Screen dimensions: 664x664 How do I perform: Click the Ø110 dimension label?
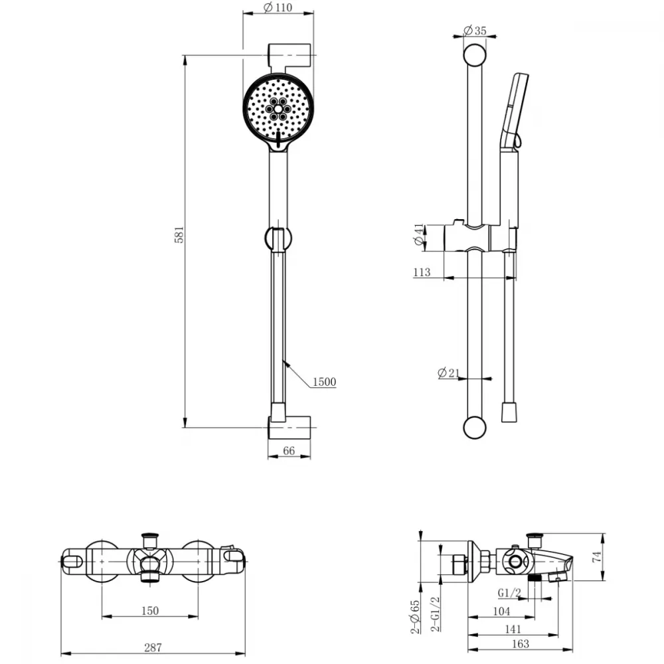(278, 7)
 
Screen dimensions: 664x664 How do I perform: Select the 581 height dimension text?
(179, 234)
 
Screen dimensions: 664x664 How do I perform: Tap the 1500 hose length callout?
(325, 382)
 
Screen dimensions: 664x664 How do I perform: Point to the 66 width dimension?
(289, 451)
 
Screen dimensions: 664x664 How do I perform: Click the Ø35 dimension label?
(475, 31)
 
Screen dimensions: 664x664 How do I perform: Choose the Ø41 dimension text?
(419, 234)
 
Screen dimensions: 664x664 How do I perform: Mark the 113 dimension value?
(422, 272)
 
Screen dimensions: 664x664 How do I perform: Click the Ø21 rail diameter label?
(448, 373)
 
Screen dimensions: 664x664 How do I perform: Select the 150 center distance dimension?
(150, 611)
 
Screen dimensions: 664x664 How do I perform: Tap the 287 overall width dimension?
(153, 647)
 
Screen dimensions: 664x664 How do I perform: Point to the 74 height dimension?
(597, 556)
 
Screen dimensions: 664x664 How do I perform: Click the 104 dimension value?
(502, 611)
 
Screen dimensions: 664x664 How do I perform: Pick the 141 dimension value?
(513, 629)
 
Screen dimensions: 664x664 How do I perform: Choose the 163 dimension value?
(521, 644)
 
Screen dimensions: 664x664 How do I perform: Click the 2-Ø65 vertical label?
(415, 617)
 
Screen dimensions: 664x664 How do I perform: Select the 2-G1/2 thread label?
(436, 614)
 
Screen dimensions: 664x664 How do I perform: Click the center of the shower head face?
(278, 108)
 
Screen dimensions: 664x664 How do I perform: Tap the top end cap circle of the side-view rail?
(475, 56)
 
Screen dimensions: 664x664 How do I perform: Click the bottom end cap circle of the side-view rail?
(475, 427)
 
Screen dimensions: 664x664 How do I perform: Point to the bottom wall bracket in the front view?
(290, 427)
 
